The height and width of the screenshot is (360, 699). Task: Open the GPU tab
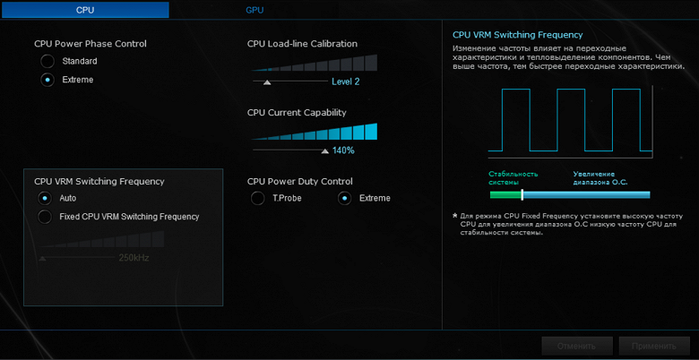tap(255, 10)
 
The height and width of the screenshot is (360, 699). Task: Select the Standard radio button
tap(47, 61)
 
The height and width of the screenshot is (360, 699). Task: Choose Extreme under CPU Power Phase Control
tap(47, 80)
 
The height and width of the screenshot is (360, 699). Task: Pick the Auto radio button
tap(45, 197)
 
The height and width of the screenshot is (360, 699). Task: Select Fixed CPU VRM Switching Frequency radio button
tap(45, 217)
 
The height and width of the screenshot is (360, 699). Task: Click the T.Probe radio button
tap(258, 198)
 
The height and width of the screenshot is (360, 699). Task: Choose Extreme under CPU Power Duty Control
tap(344, 198)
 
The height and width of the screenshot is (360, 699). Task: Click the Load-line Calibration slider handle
tap(266, 81)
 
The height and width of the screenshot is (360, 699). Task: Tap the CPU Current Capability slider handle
tap(324, 150)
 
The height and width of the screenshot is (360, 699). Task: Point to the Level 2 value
tap(345, 81)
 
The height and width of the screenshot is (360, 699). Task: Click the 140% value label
tap(343, 150)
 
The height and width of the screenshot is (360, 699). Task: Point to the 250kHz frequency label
tap(134, 258)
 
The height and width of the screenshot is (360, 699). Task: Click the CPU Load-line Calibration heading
tap(302, 43)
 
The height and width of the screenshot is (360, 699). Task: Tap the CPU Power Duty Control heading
tap(299, 181)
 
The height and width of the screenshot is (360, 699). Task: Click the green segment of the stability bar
tap(505, 193)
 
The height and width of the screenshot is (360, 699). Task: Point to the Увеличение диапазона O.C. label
tap(600, 178)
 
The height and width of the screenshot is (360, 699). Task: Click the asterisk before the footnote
tap(455, 216)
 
